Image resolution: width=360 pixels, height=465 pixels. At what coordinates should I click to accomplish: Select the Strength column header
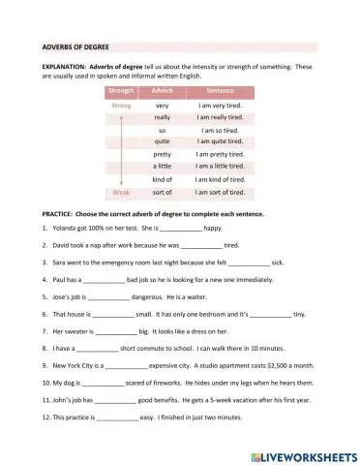(122, 90)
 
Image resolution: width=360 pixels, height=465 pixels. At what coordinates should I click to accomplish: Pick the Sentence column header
(220, 90)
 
